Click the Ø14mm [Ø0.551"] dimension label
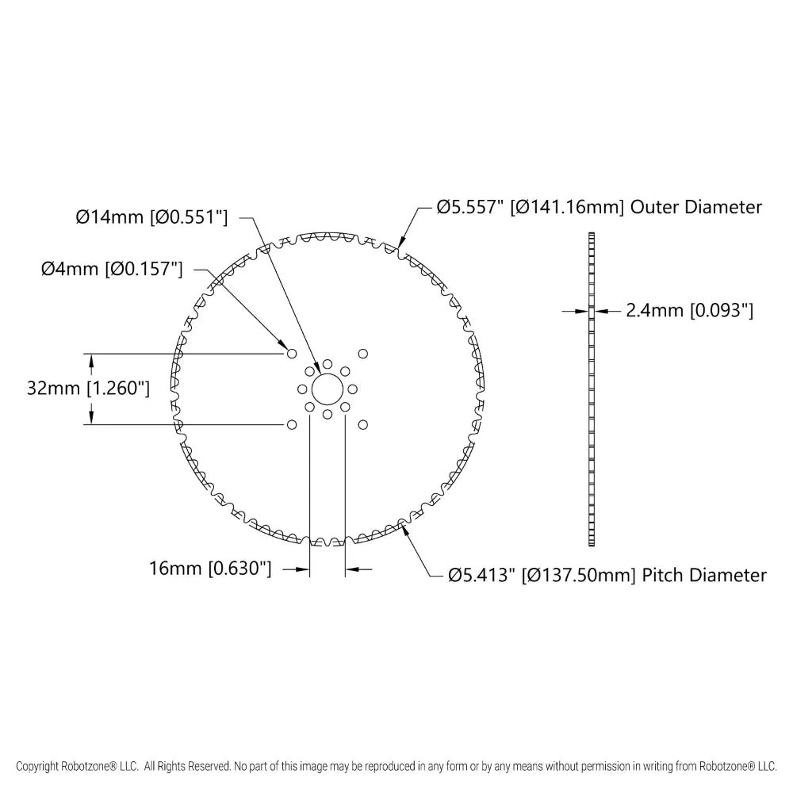(151, 217)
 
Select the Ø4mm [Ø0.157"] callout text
(112, 269)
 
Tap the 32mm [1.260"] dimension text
(88, 389)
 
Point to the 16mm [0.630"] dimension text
(210, 569)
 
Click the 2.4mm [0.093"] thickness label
(690, 310)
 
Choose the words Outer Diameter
(696, 207)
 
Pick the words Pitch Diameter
(704, 576)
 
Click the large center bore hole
(328, 389)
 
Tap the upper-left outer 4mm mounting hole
(292, 354)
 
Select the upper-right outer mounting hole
(363, 354)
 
